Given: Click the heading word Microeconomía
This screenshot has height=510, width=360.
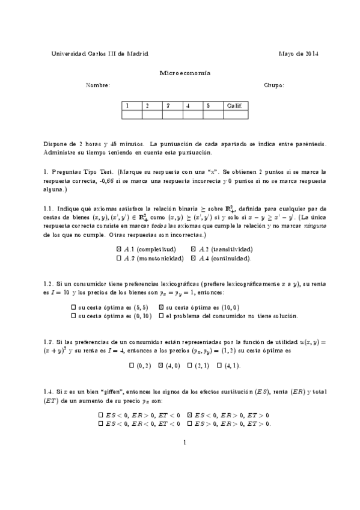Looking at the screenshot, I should tap(180, 73).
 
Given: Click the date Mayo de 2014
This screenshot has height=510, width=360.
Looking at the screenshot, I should tap(299, 54).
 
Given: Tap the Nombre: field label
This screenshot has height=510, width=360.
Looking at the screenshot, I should tap(98, 85).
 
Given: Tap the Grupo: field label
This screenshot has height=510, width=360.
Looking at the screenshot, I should tap(274, 85).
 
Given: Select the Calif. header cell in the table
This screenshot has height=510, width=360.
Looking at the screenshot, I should tap(234, 105).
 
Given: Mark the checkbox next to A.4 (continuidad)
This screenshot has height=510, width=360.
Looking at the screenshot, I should tap(194, 258).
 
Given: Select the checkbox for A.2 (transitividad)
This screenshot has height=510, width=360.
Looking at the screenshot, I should tap(194, 249).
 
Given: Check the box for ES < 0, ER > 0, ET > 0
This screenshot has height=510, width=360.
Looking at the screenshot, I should tap(190, 415).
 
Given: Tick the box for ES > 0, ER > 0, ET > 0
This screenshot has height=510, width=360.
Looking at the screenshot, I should tap(190, 424).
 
